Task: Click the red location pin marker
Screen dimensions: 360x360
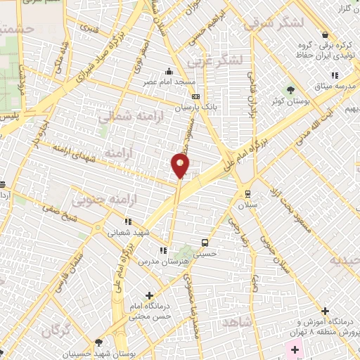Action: coord(180,165)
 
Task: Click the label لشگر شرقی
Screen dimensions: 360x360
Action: coord(274,23)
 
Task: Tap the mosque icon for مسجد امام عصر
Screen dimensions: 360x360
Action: coord(169,71)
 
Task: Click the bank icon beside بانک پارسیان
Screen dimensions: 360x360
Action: coord(195,97)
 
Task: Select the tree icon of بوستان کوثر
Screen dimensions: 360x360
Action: coord(290,89)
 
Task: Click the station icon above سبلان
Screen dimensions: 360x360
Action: coord(247,193)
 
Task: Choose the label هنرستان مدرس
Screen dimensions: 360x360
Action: coord(174,260)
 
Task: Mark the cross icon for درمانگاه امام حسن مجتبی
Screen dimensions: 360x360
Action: coord(148,295)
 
